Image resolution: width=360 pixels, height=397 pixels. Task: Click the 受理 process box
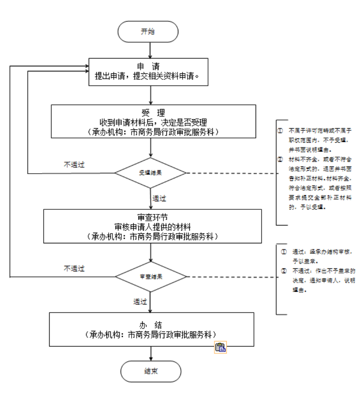pyautogui.click(x=153, y=121)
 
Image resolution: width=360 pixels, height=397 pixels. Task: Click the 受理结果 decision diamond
pyautogui.click(x=151, y=173)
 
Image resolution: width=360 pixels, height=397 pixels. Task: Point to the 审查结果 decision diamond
pyautogui.click(x=151, y=276)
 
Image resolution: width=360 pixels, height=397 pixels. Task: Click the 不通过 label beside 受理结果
pyautogui.click(x=74, y=165)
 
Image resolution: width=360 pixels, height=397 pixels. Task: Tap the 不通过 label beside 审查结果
pyautogui.click(x=74, y=268)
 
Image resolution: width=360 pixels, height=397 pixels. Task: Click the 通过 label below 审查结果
pyautogui.click(x=140, y=301)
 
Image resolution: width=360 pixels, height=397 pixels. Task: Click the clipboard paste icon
pyautogui.click(x=221, y=347)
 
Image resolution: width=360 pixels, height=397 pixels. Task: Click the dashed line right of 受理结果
pyautogui.click(x=231, y=173)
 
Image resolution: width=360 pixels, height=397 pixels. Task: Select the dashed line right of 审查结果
pyautogui.click(x=231, y=277)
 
